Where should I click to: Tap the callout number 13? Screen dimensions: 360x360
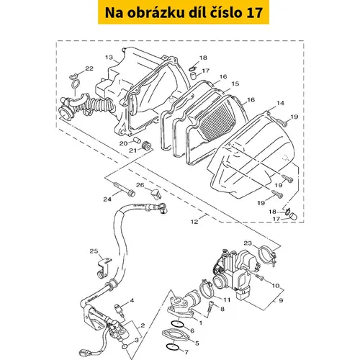pyautogui.click(x=109, y=58)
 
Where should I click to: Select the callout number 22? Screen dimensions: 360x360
pyautogui.click(x=89, y=68)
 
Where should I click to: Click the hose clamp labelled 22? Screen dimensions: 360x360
pyautogui.click(x=75, y=81)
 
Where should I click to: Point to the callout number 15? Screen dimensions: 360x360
pyautogui.click(x=235, y=84)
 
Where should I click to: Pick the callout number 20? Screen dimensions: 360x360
pyautogui.click(x=124, y=143)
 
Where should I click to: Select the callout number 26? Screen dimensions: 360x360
pyautogui.click(x=140, y=185)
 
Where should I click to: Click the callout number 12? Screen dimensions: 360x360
pyautogui.click(x=194, y=222)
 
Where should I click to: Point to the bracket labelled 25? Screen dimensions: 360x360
pyautogui.click(x=104, y=268)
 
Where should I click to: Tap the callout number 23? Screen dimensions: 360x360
pyautogui.click(x=248, y=243)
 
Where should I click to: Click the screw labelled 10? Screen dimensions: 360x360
pyautogui.click(x=259, y=277)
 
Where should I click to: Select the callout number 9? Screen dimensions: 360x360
pyautogui.click(x=281, y=300)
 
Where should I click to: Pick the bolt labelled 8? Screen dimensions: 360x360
pyautogui.click(x=211, y=306)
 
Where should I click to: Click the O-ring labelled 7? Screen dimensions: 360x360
pyautogui.click(x=172, y=347)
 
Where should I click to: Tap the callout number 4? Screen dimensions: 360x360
pyautogui.click(x=132, y=300)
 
